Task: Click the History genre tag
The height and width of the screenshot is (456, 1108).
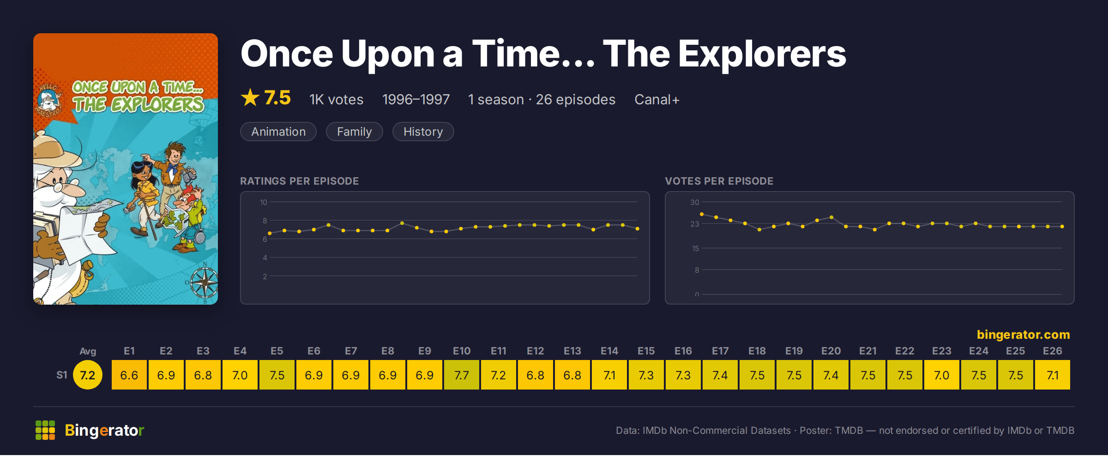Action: [423, 132]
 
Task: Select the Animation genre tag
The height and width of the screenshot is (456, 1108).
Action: [278, 132]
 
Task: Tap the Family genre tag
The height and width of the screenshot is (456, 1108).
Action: [354, 132]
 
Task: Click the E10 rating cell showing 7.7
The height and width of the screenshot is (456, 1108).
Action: [462, 375]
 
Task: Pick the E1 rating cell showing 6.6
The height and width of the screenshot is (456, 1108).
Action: [129, 375]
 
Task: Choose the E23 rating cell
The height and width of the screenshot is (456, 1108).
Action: [942, 375]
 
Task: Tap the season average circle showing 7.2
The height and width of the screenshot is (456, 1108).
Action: [88, 375]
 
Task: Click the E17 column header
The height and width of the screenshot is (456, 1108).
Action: [720, 351]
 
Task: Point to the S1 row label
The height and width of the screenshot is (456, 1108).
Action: [62, 375]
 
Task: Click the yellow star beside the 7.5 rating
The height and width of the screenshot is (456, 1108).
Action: [250, 97]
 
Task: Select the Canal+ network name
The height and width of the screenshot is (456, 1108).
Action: [657, 99]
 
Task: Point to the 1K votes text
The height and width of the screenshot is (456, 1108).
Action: [336, 99]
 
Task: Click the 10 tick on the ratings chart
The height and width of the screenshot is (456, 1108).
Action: [264, 202]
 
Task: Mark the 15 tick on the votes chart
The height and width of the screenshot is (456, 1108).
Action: [695, 248]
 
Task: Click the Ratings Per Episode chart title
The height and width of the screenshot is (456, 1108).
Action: [299, 181]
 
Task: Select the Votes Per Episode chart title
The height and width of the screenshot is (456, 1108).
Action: [719, 181]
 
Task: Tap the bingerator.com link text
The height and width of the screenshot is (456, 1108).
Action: [1023, 334]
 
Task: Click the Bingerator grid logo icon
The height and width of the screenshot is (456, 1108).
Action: [45, 430]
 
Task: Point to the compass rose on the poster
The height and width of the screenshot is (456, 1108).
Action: [205, 282]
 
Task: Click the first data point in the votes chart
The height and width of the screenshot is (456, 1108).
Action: [702, 214]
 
